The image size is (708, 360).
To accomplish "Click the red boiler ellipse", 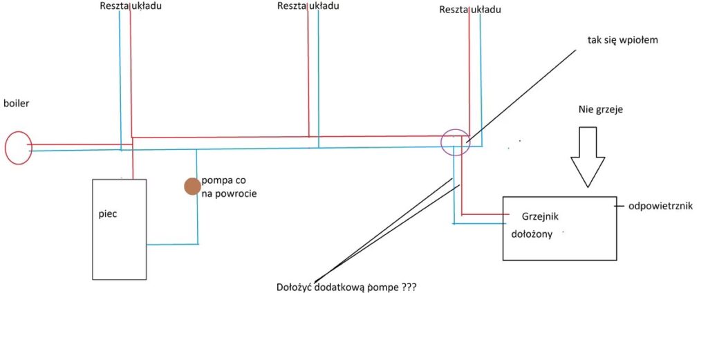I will pos(19,148).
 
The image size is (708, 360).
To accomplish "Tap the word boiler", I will pos(17,104).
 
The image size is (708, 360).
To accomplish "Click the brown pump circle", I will pos(192,186).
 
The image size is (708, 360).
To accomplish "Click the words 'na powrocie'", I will pos(229,194).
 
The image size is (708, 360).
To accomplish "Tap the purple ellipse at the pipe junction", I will pos(454,142).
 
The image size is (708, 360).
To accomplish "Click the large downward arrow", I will pos(588,157).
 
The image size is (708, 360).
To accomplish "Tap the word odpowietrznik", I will pos(660,206).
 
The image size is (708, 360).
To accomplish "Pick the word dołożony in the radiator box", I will pos(532,234).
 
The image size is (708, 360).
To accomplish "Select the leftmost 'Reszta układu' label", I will pos(130,6).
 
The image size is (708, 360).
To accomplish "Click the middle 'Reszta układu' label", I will pos(308,6).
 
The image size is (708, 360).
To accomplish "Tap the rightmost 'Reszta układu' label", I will pos(470,10).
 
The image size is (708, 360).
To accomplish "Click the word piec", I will pos(107,214).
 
